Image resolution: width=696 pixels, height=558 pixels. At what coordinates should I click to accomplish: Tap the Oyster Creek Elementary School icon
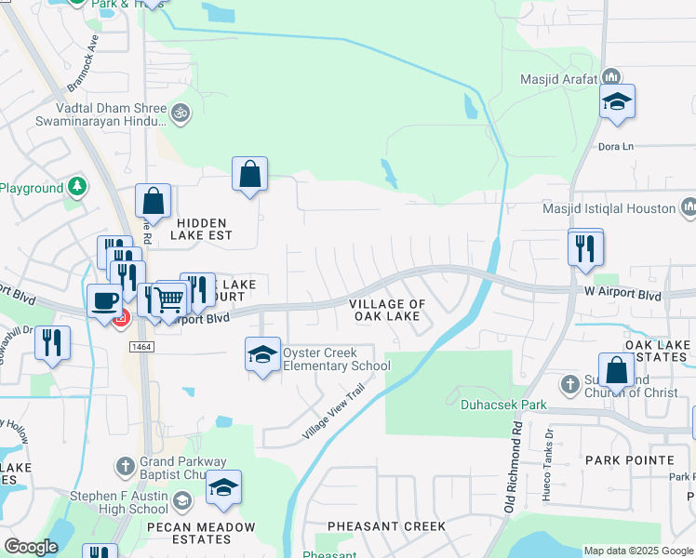coord(262,354)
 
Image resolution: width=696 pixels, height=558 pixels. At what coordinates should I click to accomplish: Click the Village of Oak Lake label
coord(387,310)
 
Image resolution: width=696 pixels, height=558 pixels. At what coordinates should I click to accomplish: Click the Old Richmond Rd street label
coord(511,464)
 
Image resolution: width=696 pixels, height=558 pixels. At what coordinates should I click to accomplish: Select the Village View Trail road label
coord(329,415)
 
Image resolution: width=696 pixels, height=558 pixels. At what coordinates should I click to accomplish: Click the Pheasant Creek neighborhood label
coord(386,526)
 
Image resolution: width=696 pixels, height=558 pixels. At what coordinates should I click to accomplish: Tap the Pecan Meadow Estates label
coord(201,533)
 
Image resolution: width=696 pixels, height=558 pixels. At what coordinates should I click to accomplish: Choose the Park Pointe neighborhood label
coord(629,460)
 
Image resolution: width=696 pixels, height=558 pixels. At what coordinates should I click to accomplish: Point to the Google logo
coord(31,547)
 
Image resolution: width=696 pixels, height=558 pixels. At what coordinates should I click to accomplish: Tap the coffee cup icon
coord(104,300)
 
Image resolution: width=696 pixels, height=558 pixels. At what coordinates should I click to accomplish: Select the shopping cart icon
coord(169,299)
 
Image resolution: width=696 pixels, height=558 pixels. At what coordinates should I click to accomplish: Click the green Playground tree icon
coord(76,186)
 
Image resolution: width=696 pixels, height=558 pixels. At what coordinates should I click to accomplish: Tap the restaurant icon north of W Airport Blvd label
coord(585,247)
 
